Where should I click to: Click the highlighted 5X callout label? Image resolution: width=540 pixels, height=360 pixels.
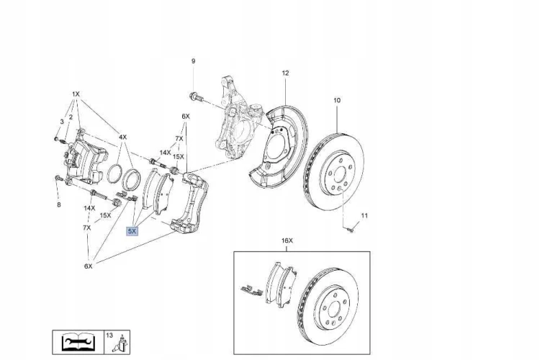click(x=132, y=231)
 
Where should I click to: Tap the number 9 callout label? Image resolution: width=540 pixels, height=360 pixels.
click(x=193, y=61)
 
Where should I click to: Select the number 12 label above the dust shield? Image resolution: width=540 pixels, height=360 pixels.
click(x=285, y=73)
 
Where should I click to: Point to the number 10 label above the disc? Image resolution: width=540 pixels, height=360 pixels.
click(x=337, y=100)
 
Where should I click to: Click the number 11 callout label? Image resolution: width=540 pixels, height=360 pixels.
click(x=364, y=216)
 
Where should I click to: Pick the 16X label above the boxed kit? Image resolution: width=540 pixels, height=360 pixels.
click(x=287, y=240)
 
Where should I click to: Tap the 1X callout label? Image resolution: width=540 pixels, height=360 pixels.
click(x=76, y=94)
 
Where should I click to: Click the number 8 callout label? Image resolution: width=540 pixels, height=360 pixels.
click(x=59, y=204)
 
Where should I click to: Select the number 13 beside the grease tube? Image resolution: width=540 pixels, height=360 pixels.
click(x=109, y=335)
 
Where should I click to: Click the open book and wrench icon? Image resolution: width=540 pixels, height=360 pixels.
click(x=78, y=342)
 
